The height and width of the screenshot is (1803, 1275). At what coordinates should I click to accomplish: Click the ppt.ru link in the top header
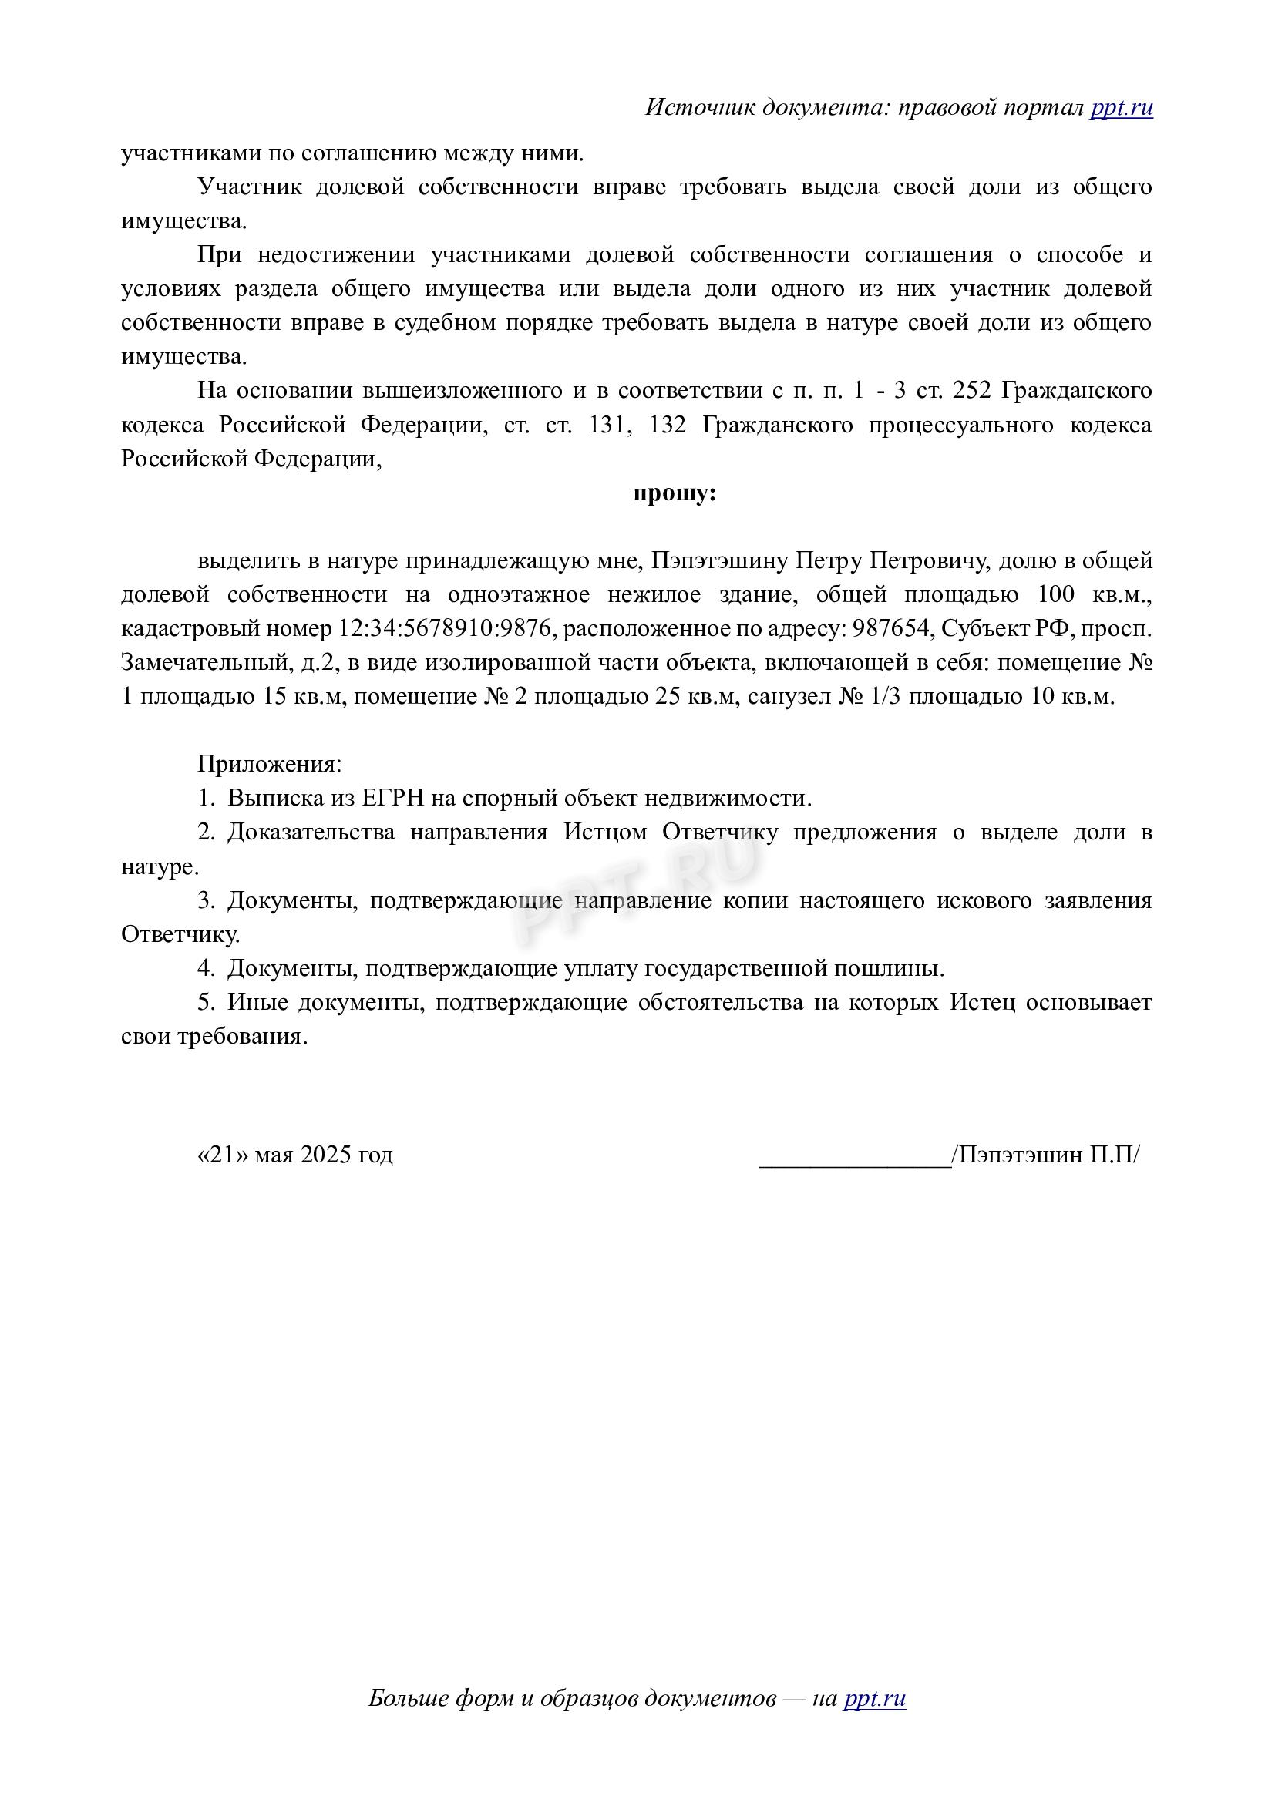click(1121, 108)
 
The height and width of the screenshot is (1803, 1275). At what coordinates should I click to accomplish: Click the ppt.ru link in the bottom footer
click(875, 1699)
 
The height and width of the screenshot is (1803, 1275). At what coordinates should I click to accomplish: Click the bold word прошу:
click(675, 493)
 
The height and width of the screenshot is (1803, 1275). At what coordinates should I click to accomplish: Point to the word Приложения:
click(269, 763)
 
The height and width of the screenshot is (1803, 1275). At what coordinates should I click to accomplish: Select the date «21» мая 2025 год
click(294, 1155)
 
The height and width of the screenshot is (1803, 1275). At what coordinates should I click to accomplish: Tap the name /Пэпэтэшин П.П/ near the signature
click(1045, 1155)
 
